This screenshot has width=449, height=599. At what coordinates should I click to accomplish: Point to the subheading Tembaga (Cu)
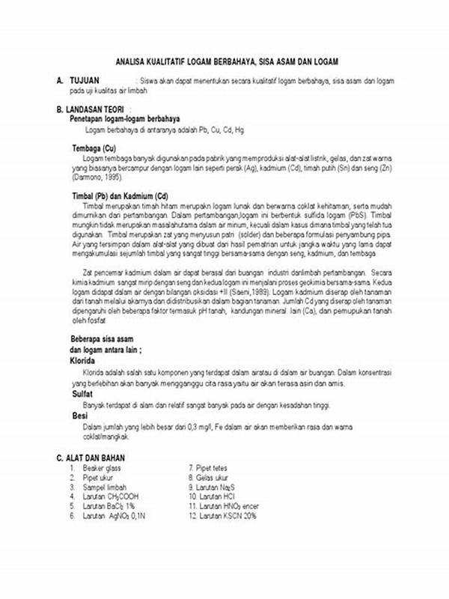(94, 148)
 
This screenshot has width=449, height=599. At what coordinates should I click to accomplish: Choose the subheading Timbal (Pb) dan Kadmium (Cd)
(120, 195)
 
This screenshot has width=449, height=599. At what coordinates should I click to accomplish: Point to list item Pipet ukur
(100, 477)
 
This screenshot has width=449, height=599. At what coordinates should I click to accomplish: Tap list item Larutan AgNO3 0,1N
(114, 515)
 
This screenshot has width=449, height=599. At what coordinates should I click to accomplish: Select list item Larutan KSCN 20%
(225, 515)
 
